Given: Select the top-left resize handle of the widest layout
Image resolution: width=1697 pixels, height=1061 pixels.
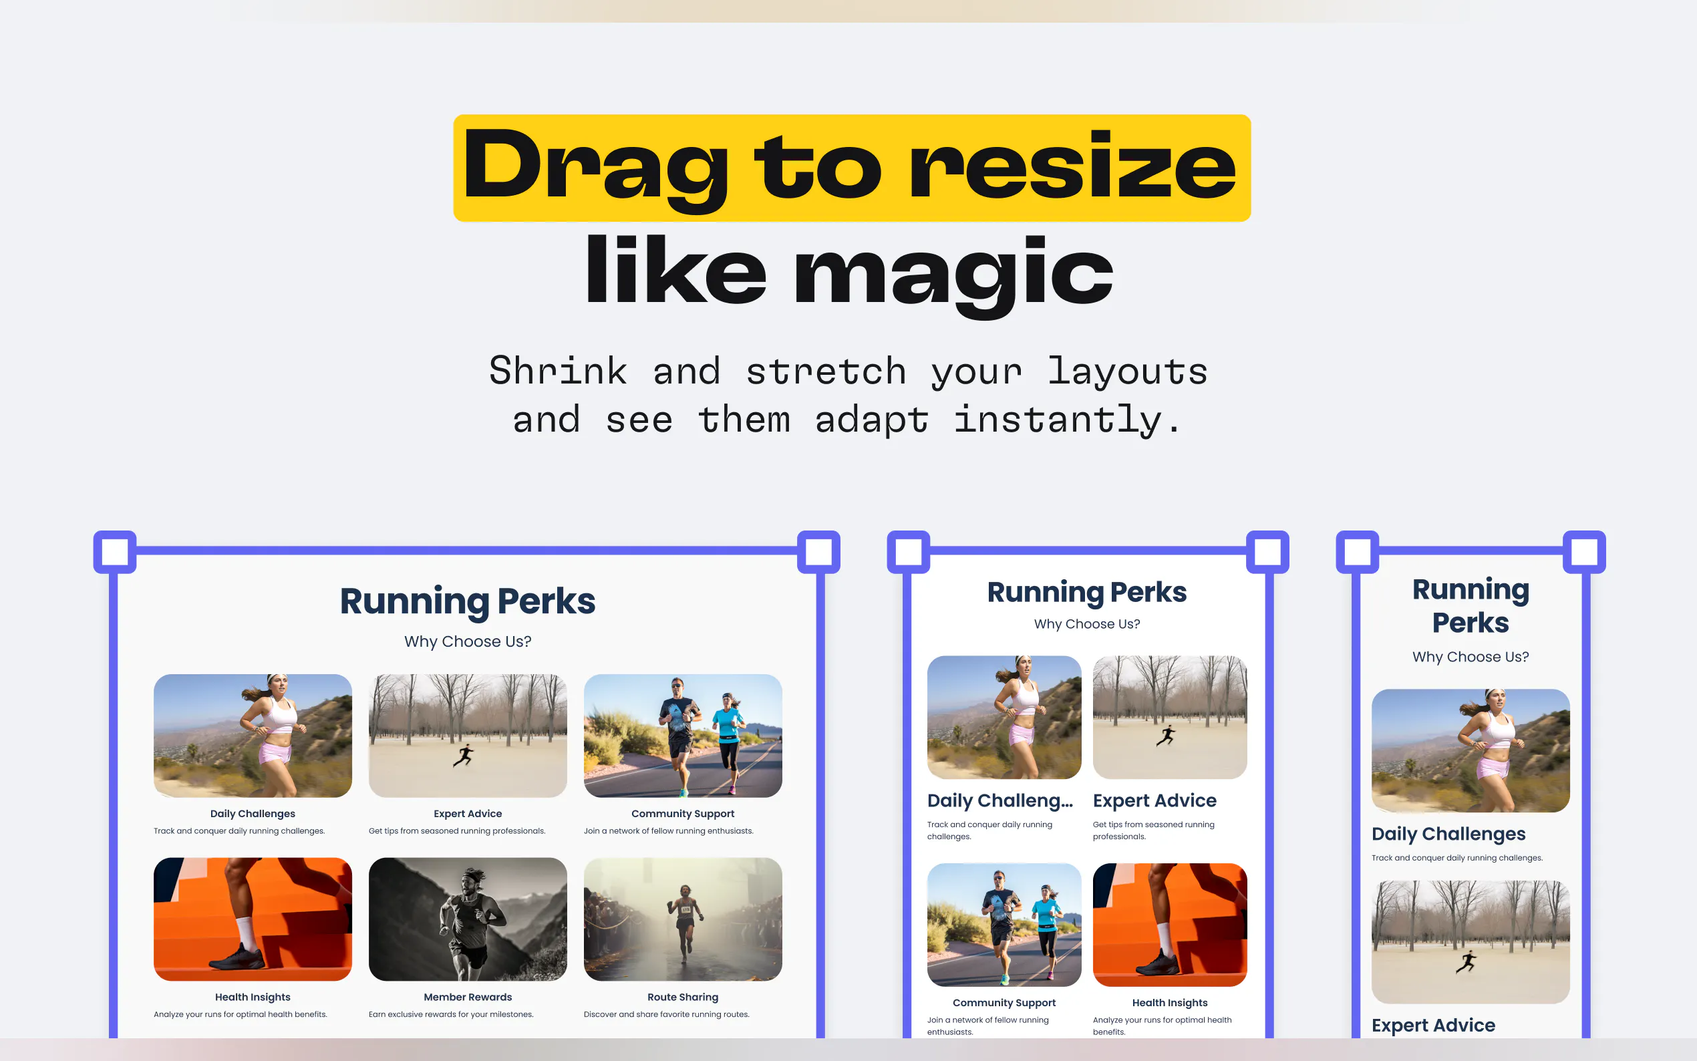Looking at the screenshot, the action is (x=115, y=552).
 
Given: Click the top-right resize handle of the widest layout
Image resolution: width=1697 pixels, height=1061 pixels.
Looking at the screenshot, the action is (x=818, y=552).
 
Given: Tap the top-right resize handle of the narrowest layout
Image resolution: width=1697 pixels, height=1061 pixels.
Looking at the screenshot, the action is (x=1584, y=552).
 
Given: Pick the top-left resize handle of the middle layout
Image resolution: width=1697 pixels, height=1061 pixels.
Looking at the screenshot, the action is (x=909, y=552).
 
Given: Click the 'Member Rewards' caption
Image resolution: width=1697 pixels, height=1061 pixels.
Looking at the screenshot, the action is (x=468, y=997).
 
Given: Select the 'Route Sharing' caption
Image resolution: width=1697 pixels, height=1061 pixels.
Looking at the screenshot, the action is (x=683, y=997).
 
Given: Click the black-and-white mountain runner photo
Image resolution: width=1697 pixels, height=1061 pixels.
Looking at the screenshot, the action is (x=468, y=919).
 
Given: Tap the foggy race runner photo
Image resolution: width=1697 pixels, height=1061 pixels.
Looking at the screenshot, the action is (x=683, y=919).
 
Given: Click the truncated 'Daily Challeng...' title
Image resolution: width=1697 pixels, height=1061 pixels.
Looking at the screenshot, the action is (x=999, y=800).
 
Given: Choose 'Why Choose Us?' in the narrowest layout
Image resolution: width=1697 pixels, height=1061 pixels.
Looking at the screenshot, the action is (x=1471, y=657).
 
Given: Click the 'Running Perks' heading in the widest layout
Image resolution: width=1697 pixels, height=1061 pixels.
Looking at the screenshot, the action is (x=468, y=601).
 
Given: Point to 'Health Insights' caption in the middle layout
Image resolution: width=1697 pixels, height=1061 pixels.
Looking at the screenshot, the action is (x=1169, y=1003).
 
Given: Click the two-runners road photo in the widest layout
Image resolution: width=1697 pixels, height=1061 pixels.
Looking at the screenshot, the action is (x=683, y=736).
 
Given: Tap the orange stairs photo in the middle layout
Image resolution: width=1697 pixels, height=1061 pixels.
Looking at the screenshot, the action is (x=1169, y=925).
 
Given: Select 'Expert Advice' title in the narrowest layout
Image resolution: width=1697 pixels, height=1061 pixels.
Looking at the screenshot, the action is (x=1433, y=1025).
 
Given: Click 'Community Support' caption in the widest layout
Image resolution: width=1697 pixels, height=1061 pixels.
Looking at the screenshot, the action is (x=683, y=813).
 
